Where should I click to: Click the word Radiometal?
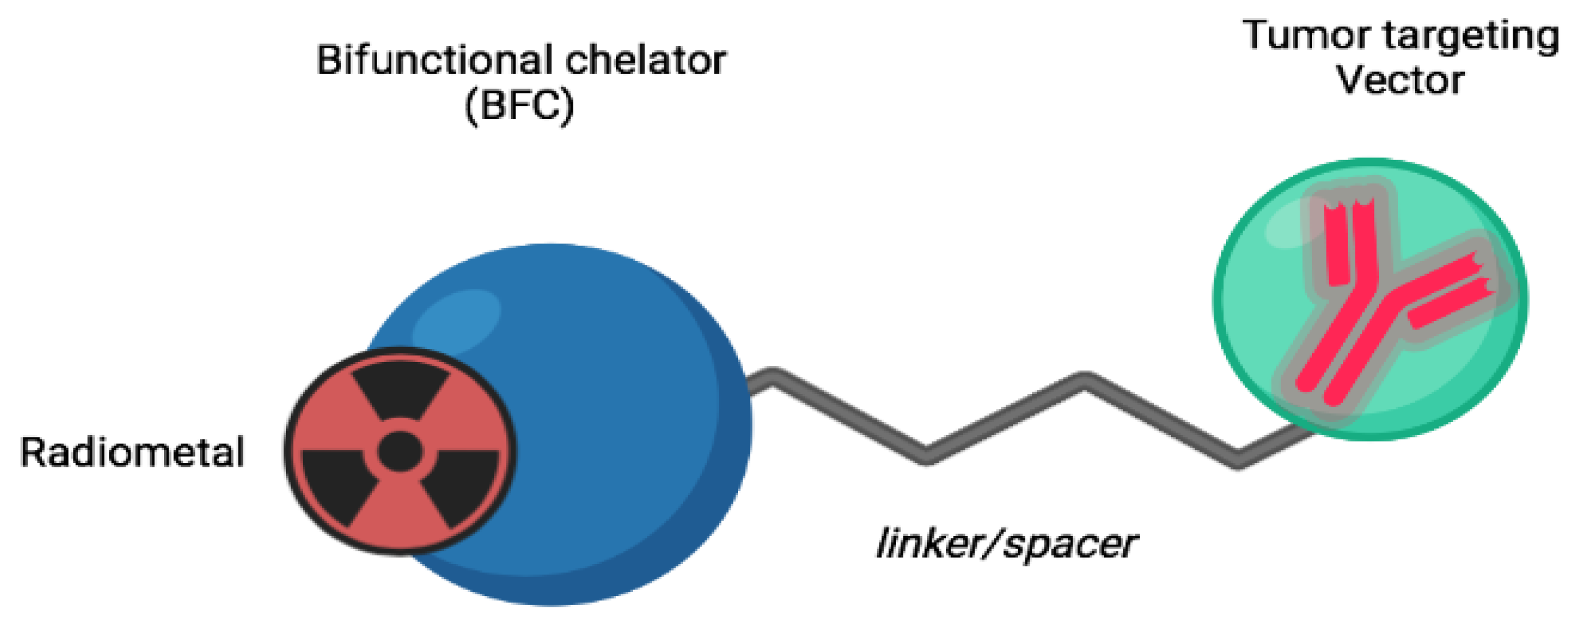pyautogui.click(x=132, y=452)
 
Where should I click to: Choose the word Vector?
pyautogui.click(x=1401, y=81)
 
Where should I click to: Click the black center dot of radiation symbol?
pyautogui.click(x=399, y=451)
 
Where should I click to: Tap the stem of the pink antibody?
pyautogui.click(x=1337, y=359)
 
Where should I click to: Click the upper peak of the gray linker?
pyautogui.click(x=1084, y=379)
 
